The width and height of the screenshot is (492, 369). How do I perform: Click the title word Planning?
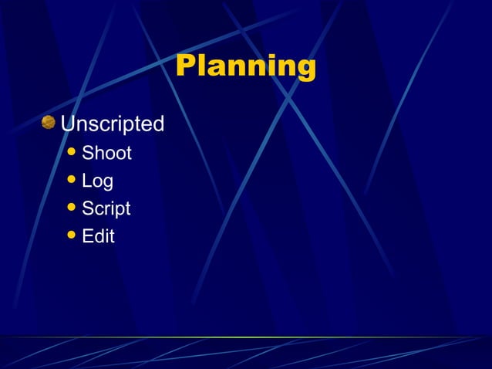tap(245, 66)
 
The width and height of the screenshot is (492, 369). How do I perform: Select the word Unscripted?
tap(112, 124)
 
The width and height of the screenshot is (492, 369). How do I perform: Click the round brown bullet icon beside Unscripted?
tap(49, 122)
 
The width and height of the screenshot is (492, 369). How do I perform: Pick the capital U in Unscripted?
tap(68, 124)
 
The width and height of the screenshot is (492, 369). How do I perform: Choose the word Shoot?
tap(106, 153)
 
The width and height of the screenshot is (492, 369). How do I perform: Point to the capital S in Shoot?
tap(88, 153)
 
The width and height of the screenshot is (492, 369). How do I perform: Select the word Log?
tap(97, 181)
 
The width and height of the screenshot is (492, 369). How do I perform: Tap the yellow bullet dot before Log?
tap(72, 181)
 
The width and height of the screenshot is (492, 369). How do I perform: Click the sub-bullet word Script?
tap(106, 208)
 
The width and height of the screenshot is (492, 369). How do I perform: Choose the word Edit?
tap(98, 236)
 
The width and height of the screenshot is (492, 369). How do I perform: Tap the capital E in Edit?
tap(88, 236)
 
